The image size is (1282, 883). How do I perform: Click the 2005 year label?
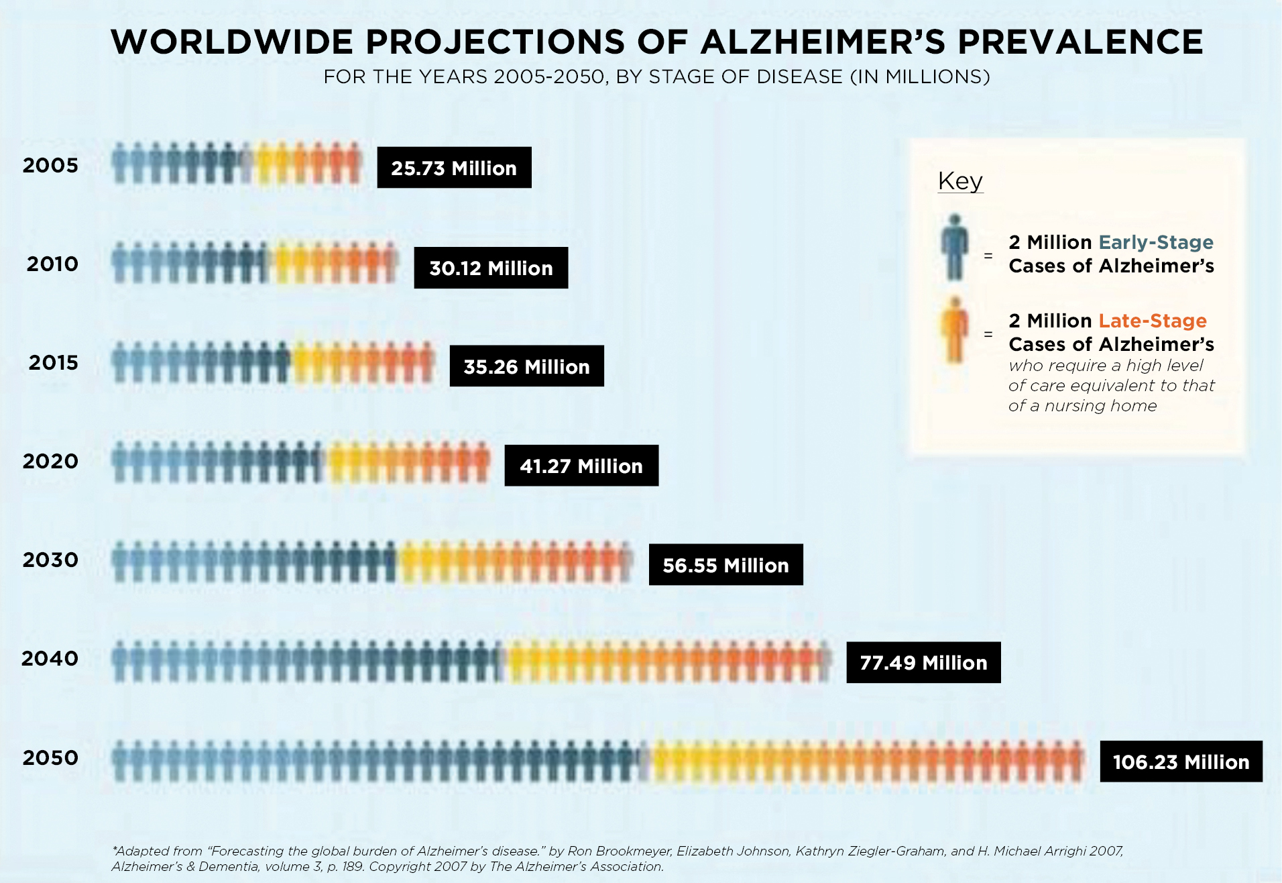(x=50, y=165)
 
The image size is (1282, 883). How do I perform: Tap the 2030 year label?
(x=50, y=560)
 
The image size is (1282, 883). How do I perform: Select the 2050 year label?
(x=50, y=758)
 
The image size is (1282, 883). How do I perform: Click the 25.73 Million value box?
(x=454, y=168)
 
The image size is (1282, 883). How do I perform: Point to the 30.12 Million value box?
(x=491, y=268)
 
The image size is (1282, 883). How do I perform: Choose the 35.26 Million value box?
(x=526, y=366)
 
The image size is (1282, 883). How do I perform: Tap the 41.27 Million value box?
(x=581, y=466)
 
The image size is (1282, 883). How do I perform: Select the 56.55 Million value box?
(x=725, y=565)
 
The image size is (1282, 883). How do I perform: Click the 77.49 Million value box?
(x=923, y=663)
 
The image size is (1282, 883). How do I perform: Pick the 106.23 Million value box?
(x=1181, y=762)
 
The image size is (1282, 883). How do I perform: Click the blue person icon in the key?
(x=954, y=247)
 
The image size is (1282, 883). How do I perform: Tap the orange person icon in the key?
(x=954, y=329)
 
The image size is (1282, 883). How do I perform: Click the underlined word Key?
(x=960, y=181)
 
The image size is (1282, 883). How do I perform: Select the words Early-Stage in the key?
(x=1156, y=242)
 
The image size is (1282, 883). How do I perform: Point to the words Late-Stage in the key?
(x=1153, y=321)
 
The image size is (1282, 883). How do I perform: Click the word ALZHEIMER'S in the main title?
(x=823, y=42)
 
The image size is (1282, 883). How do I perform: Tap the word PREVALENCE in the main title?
(x=1080, y=42)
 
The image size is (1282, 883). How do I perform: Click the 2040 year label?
(x=50, y=658)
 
